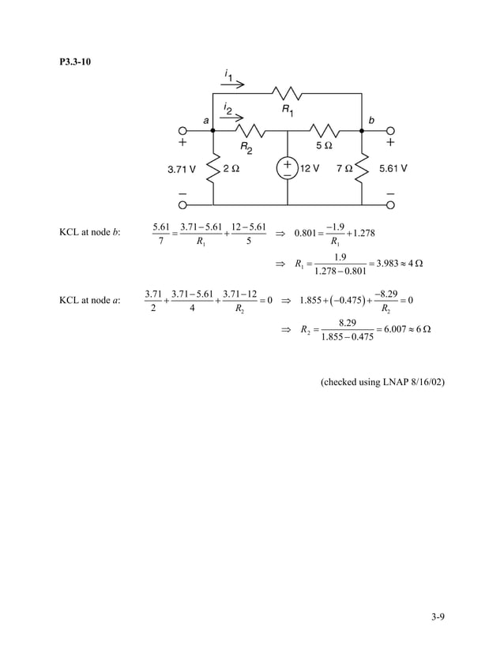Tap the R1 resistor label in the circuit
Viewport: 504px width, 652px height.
pyautogui.click(x=289, y=111)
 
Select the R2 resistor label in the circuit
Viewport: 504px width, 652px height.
pyautogui.click(x=247, y=148)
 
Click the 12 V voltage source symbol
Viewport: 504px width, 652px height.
pyautogui.click(x=287, y=168)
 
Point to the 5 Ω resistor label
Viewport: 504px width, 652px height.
pyautogui.click(x=324, y=146)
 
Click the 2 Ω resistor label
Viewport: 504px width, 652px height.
pyautogui.click(x=231, y=168)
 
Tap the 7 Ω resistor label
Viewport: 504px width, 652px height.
pyautogui.click(x=345, y=168)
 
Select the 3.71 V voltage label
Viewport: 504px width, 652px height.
pyautogui.click(x=181, y=168)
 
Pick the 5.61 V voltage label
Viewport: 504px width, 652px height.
pyautogui.click(x=393, y=168)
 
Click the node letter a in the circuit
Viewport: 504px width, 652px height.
pyautogui.click(x=206, y=121)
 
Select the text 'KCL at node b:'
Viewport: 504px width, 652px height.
pyautogui.click(x=89, y=232)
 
